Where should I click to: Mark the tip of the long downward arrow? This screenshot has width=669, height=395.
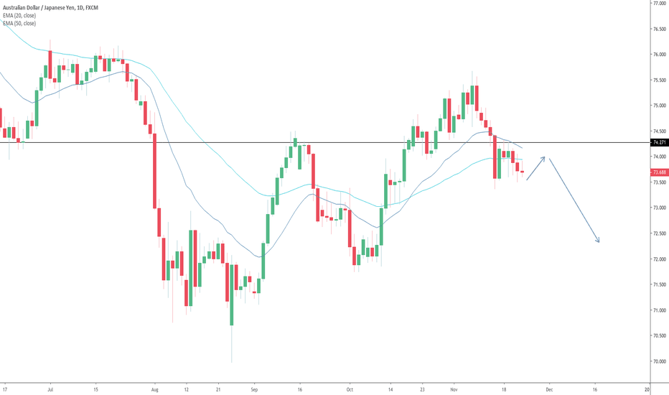point(598,242)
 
